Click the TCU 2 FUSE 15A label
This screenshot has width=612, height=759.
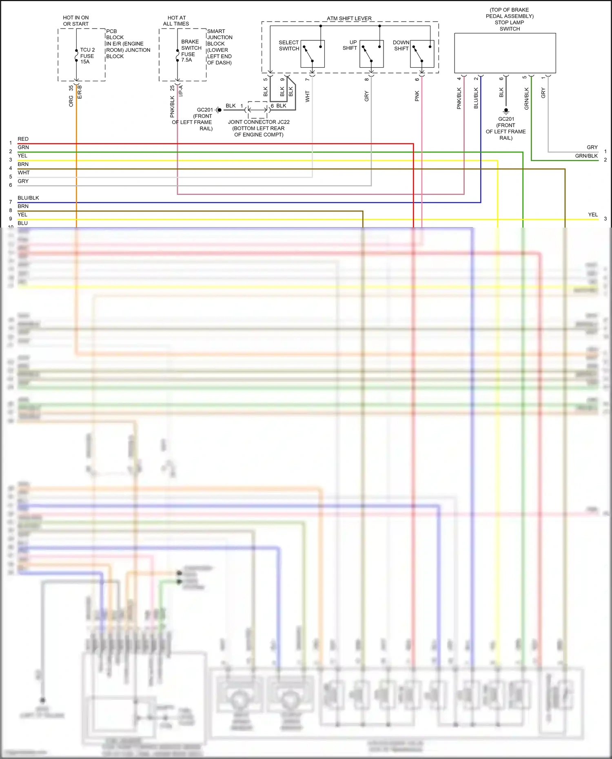(87, 56)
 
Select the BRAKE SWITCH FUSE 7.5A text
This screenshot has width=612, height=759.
(191, 51)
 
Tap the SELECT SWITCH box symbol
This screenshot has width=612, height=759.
(312, 54)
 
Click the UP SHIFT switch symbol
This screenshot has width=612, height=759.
(371, 54)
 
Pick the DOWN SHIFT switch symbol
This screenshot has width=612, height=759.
(422, 54)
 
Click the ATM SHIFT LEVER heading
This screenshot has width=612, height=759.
(349, 18)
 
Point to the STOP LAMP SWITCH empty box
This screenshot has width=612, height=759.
(505, 53)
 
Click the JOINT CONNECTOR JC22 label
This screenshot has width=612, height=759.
(259, 122)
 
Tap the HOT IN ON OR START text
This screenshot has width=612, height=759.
(75, 21)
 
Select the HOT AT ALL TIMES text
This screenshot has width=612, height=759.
(176, 21)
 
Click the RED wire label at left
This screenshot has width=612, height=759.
(23, 139)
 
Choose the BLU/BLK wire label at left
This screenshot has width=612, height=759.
(28, 198)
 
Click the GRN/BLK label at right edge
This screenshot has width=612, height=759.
(586, 156)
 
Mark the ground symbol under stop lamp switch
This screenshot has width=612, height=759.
(506, 111)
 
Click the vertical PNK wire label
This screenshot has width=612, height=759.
(417, 96)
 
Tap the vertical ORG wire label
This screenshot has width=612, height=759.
(71, 101)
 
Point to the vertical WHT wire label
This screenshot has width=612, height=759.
(308, 96)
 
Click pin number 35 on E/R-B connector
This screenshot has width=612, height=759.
(71, 88)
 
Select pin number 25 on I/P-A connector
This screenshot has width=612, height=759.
(172, 88)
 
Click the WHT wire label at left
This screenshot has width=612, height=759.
(24, 173)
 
